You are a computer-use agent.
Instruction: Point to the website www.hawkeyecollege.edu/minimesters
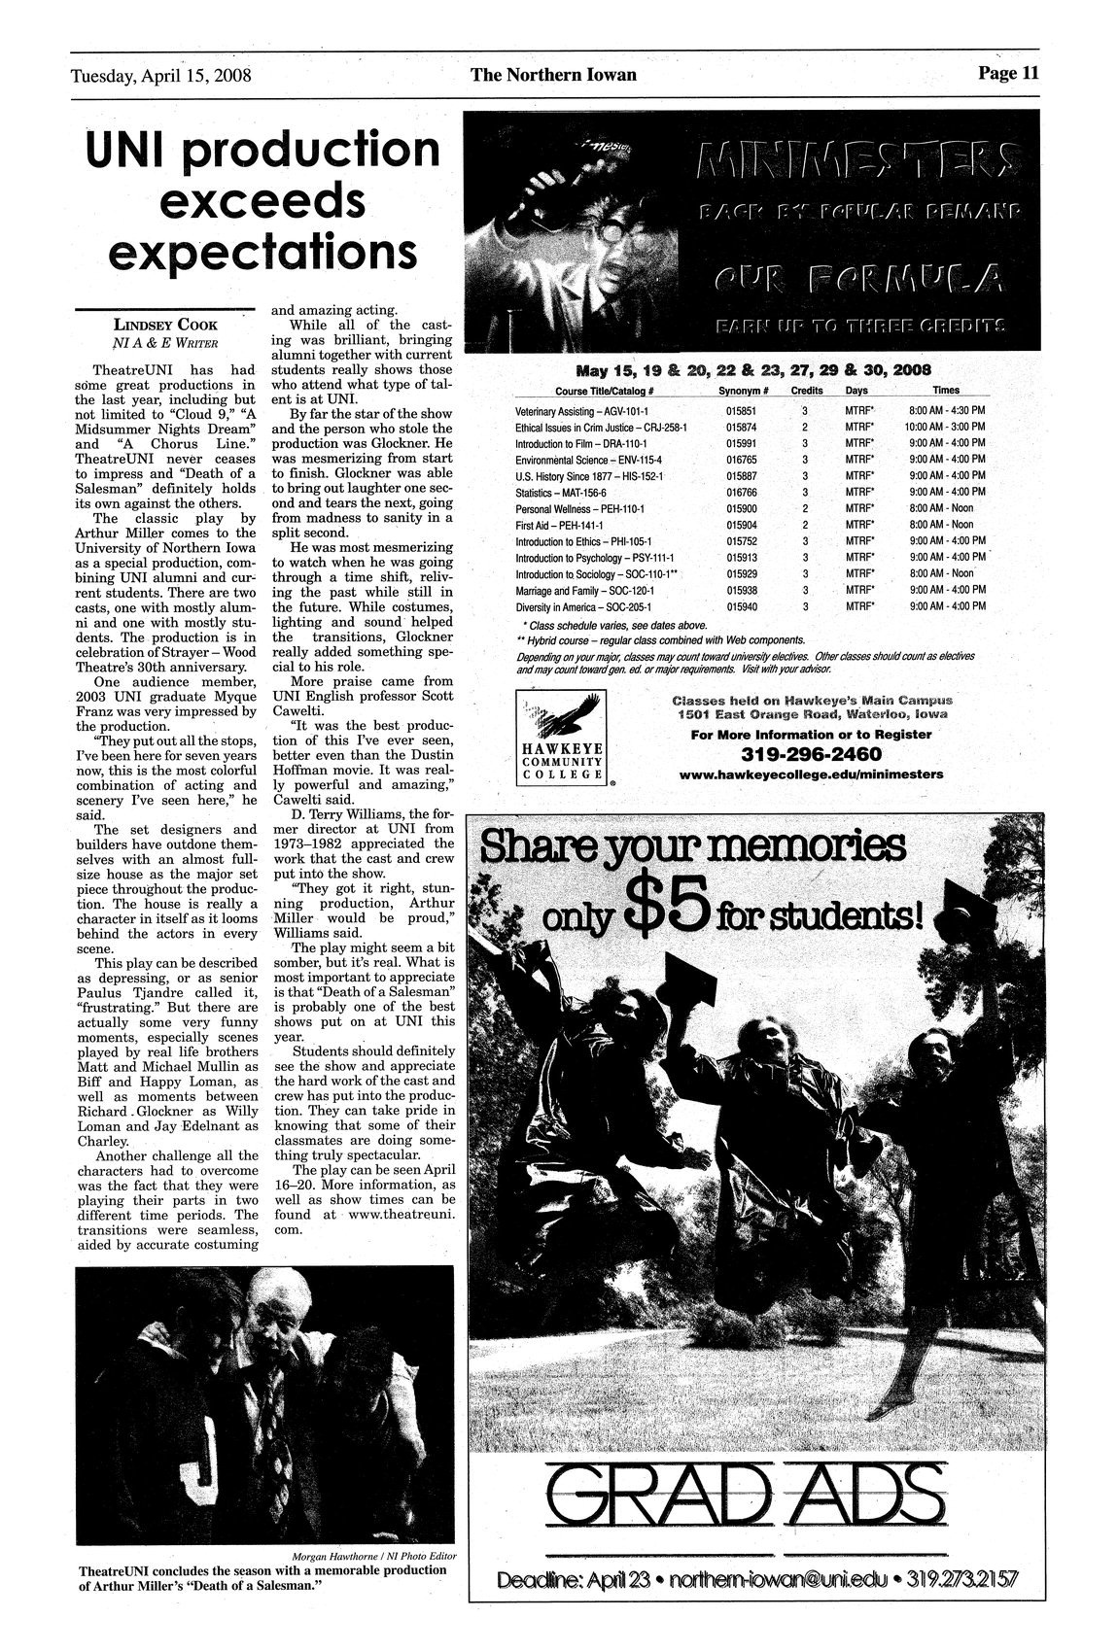click(811, 774)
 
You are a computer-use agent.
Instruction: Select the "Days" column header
click(856, 391)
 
